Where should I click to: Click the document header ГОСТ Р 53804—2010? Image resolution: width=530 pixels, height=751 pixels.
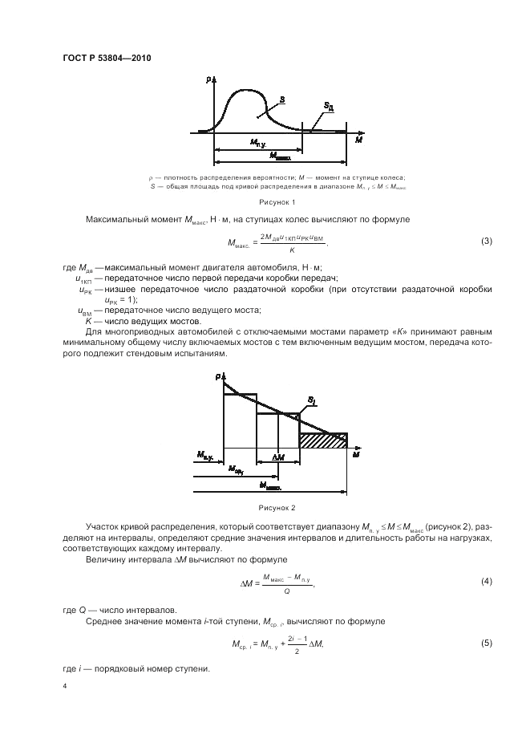(x=107, y=59)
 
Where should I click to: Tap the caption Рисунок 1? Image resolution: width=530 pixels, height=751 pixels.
(x=277, y=201)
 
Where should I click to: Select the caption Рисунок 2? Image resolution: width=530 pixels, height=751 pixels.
(x=277, y=508)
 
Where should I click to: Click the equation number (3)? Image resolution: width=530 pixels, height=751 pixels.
(x=486, y=242)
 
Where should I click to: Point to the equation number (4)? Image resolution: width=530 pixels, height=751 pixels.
(x=486, y=580)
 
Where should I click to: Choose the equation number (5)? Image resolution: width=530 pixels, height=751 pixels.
(x=486, y=643)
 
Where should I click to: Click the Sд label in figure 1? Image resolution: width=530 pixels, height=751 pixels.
(x=329, y=105)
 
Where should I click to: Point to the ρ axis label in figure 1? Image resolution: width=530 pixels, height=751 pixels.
(x=207, y=79)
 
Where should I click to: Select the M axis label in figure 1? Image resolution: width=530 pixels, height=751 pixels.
(x=358, y=139)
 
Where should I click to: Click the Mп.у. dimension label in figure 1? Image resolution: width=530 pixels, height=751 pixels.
(x=258, y=143)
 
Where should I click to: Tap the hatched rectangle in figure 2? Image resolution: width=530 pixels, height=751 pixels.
(x=323, y=440)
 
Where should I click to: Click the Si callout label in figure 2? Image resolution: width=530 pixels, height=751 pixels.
(x=311, y=398)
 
